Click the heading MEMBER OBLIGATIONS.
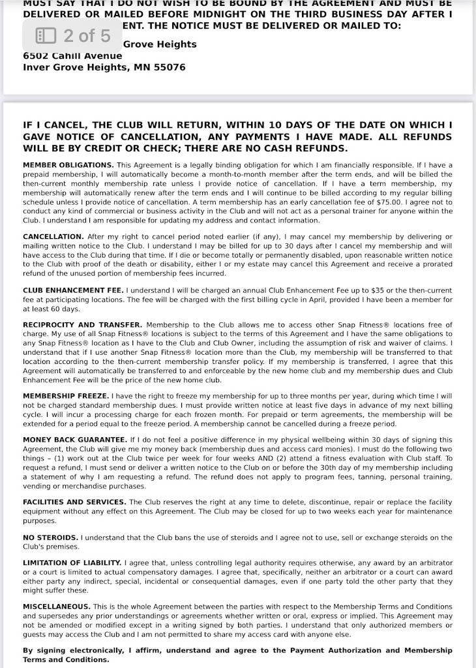pyautogui.click(x=68, y=165)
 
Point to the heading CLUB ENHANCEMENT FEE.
pyautogui.click(x=73, y=289)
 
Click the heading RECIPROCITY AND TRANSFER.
pyautogui.click(x=82, y=324)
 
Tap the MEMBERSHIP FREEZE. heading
pyautogui.click(x=66, y=395)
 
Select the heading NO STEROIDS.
pyautogui.click(x=51, y=537)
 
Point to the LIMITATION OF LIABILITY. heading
pyautogui.click(x=72, y=562)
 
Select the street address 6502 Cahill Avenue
pyautogui.click(x=72, y=55)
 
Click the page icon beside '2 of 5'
pyautogui.click(x=46, y=35)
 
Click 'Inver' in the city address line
pyautogui.click(x=36, y=67)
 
